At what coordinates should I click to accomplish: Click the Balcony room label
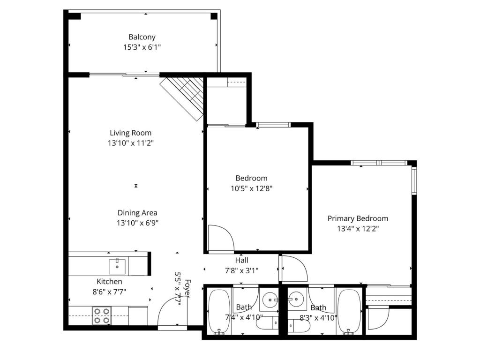pos(142,37)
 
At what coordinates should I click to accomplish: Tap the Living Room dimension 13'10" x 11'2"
pos(131,143)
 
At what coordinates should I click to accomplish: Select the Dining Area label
pos(137,213)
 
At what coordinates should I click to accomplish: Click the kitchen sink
pos(117,267)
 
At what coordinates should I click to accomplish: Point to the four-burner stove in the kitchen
pos(102,316)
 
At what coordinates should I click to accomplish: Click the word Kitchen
pos(109,282)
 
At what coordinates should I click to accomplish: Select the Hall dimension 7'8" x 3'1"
pos(242,270)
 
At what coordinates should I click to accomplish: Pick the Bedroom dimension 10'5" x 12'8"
pos(252,188)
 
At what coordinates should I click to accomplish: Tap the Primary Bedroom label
pos(358,218)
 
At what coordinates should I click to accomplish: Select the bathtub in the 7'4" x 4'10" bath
pos(219,312)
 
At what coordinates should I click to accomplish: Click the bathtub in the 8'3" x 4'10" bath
pos(350,312)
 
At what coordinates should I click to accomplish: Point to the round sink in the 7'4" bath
pos(270,300)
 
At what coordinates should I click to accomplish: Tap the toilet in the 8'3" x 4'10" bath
pos(299,325)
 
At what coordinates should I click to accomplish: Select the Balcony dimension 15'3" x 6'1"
pos(142,47)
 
